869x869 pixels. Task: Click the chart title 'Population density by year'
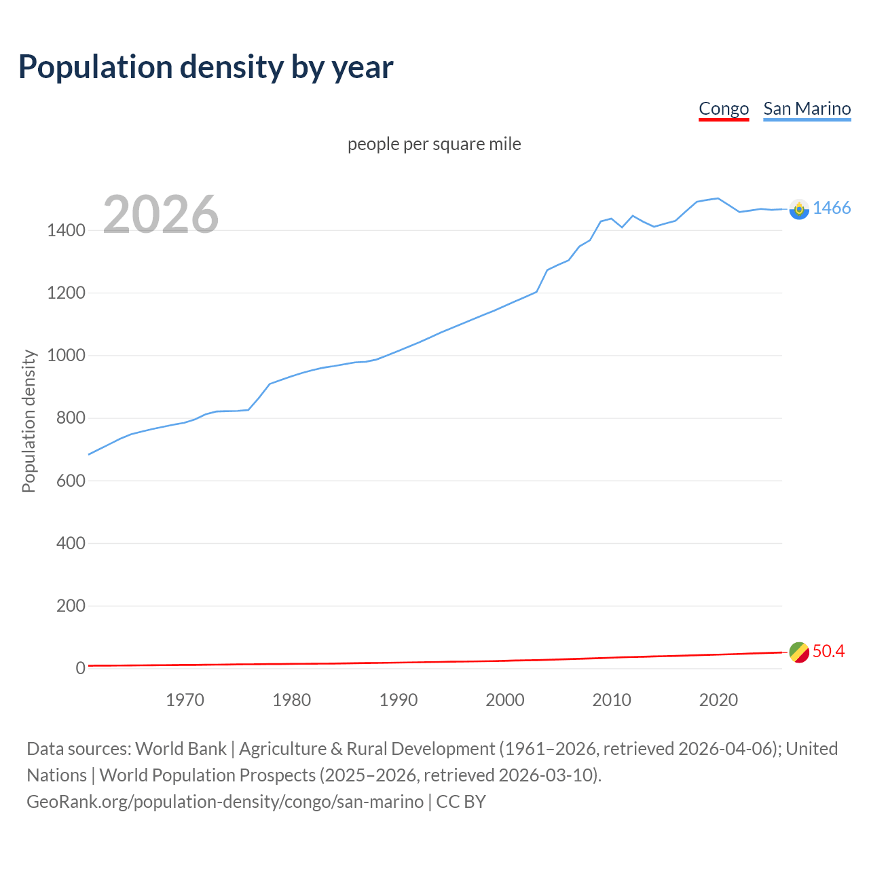pyautogui.click(x=206, y=67)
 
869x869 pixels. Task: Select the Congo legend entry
pyautogui.click(x=724, y=109)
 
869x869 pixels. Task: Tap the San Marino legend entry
pyautogui.click(x=807, y=109)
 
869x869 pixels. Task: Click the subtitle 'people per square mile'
pyautogui.click(x=434, y=144)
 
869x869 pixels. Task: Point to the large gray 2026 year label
pyautogui.click(x=161, y=215)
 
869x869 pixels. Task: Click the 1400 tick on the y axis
pyautogui.click(x=66, y=230)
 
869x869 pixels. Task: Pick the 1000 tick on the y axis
pyautogui.click(x=66, y=356)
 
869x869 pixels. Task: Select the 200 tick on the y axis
pyautogui.click(x=71, y=606)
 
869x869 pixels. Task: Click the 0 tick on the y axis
pyautogui.click(x=80, y=668)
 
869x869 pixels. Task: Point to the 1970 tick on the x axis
pyautogui.click(x=185, y=700)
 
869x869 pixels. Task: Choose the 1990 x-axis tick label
pyautogui.click(x=399, y=700)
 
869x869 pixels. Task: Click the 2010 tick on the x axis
pyautogui.click(x=612, y=700)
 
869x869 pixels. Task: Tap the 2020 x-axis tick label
pyautogui.click(x=718, y=700)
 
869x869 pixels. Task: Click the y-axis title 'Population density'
pyautogui.click(x=29, y=421)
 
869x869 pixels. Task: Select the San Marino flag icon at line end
pyautogui.click(x=799, y=209)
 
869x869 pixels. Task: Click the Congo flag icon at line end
pyautogui.click(x=799, y=652)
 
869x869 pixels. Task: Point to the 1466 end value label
pyautogui.click(x=832, y=208)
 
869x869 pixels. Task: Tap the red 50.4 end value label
pyautogui.click(x=828, y=651)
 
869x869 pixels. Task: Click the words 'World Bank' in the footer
pyautogui.click(x=181, y=749)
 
